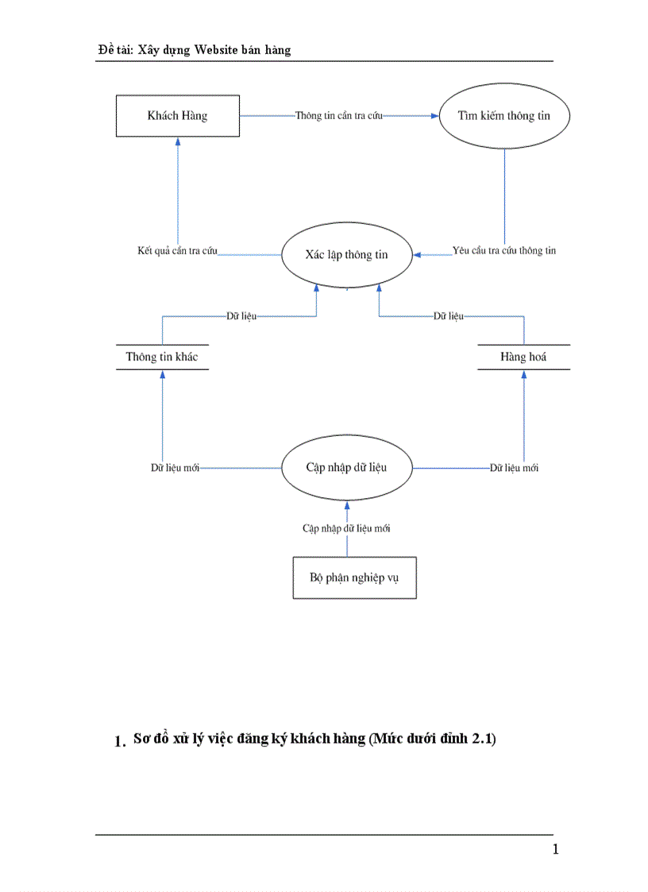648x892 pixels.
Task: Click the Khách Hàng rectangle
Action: pos(177,116)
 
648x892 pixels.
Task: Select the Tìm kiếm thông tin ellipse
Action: pos(503,116)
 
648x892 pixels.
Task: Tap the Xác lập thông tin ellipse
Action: pos(346,256)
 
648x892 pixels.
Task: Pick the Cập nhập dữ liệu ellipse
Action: pos(346,467)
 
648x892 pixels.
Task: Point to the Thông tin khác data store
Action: pos(162,357)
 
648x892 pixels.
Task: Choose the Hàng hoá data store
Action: pos(523,357)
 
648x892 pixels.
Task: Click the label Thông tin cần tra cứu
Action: pos(339,116)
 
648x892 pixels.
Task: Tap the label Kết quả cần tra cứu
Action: pos(177,251)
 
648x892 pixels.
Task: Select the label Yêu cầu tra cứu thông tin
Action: pos(504,251)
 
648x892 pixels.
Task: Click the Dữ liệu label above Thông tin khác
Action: pos(241,316)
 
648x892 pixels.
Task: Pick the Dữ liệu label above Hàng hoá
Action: pos(448,316)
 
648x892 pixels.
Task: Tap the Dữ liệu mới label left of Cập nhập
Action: pos(175,468)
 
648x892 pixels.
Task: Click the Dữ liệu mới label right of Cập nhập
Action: pos(514,468)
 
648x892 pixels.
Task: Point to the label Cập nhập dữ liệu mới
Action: pos(346,528)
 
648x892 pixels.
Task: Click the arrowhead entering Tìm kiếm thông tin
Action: pos(434,116)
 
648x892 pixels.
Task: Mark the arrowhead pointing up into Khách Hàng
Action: pos(178,141)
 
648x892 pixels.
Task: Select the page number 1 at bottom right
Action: pos(556,850)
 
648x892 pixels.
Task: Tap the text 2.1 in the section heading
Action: pos(481,739)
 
